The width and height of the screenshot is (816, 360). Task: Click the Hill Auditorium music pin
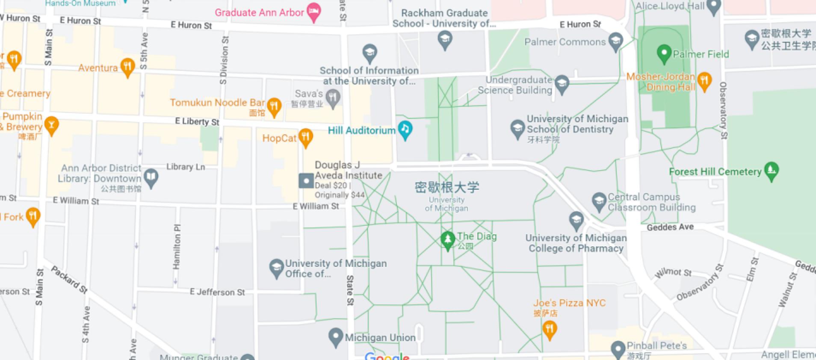tap(405, 129)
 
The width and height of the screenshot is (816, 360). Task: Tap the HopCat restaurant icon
tap(305, 137)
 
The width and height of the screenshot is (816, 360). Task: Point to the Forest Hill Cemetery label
tap(715, 172)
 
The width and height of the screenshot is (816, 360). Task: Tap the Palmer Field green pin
tap(664, 53)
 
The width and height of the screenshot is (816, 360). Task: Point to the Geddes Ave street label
tap(670, 227)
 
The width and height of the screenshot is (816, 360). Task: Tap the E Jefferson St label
tap(217, 292)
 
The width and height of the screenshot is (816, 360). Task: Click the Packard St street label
tap(69, 280)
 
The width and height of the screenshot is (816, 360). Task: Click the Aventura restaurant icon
tap(127, 67)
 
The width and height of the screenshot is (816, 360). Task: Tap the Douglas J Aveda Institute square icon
tap(306, 180)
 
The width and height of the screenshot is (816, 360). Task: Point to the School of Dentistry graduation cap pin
tap(517, 128)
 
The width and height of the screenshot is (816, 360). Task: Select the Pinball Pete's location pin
tap(618, 348)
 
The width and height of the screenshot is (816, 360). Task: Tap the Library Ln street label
tap(186, 167)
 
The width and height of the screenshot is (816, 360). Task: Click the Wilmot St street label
tap(673, 273)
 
